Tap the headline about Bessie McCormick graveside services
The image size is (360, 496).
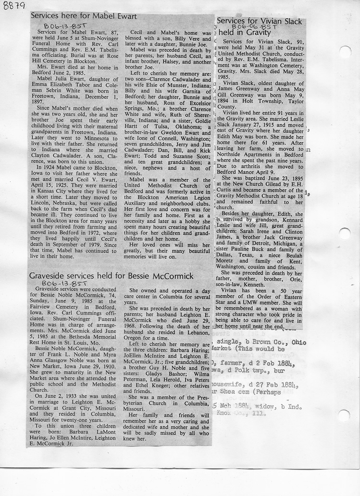111,276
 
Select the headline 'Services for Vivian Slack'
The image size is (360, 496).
259,21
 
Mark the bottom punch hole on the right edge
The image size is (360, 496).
343,415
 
